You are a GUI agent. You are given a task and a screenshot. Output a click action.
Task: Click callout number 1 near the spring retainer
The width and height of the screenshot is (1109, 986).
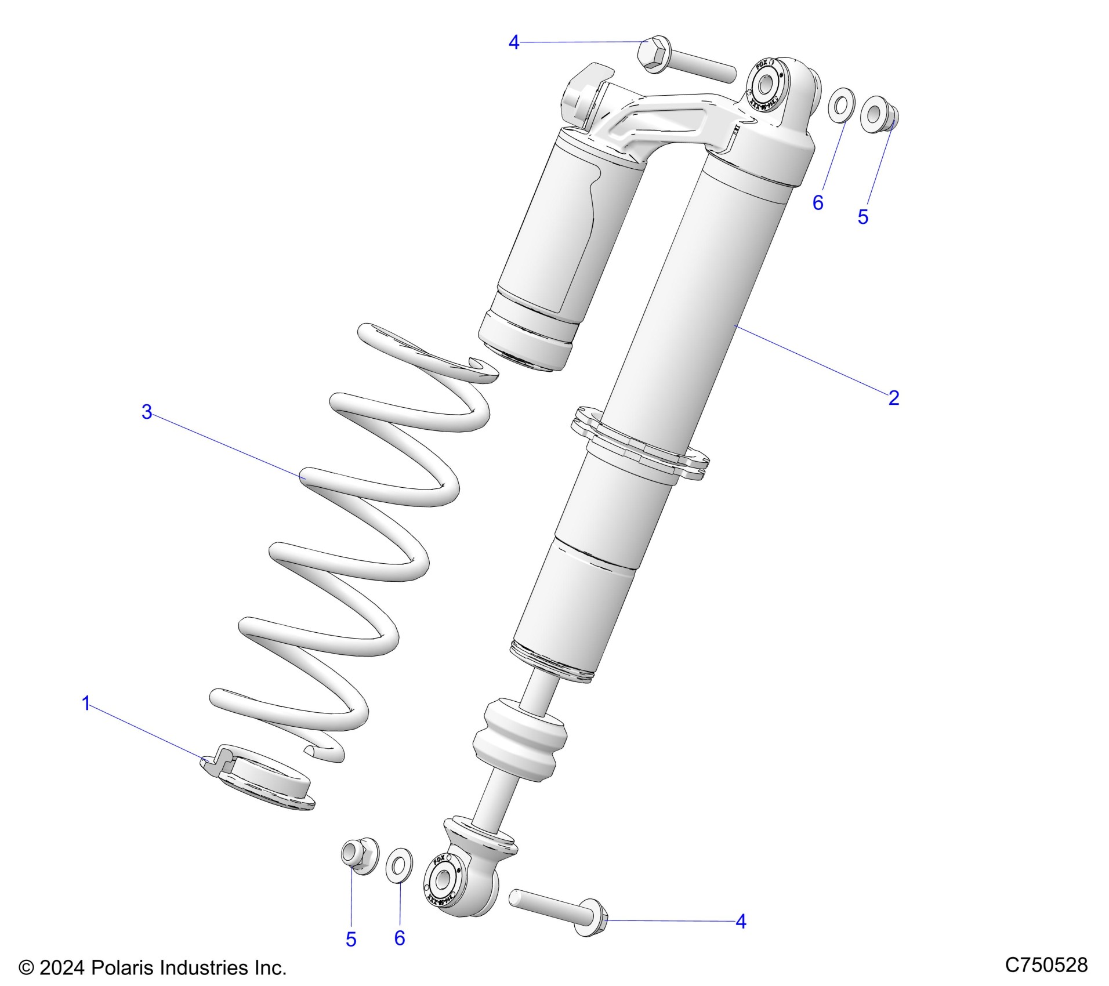coord(86,704)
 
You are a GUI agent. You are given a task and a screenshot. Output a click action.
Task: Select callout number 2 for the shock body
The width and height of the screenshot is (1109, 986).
coord(893,398)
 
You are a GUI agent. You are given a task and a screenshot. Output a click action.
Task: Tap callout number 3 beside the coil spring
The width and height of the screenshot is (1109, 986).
coord(147,412)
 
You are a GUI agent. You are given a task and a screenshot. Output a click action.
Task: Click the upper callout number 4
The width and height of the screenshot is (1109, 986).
coord(514,42)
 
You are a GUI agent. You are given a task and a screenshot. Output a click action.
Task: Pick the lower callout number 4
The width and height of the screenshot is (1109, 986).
coord(741,922)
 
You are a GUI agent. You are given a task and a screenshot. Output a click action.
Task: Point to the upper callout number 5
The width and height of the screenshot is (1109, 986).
coord(863,217)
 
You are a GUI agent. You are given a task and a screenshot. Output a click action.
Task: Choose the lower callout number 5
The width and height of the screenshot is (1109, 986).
coord(351,940)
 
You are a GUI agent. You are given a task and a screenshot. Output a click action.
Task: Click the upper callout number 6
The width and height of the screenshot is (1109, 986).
coord(818,202)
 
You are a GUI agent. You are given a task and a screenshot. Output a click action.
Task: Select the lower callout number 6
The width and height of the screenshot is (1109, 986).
coord(400,938)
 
